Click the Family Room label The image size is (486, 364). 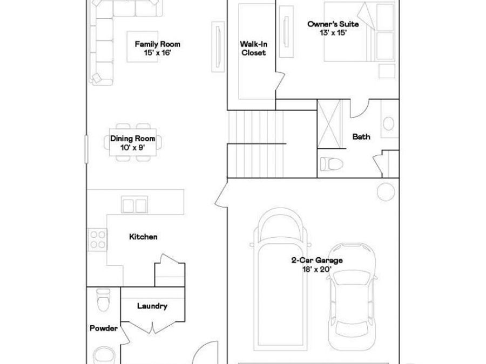158,49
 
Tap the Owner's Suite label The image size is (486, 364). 333,28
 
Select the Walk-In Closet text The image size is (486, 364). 253,49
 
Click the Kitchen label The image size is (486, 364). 143,237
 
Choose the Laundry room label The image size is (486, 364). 152,306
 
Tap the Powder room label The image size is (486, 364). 103,328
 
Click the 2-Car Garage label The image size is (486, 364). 316,264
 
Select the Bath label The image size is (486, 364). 361,137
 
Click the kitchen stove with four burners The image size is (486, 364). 97,239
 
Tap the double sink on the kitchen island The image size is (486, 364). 134,205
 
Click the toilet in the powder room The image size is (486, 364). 102,299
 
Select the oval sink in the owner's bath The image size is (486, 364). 389,123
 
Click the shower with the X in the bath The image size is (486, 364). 329,123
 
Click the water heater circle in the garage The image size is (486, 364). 387,191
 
